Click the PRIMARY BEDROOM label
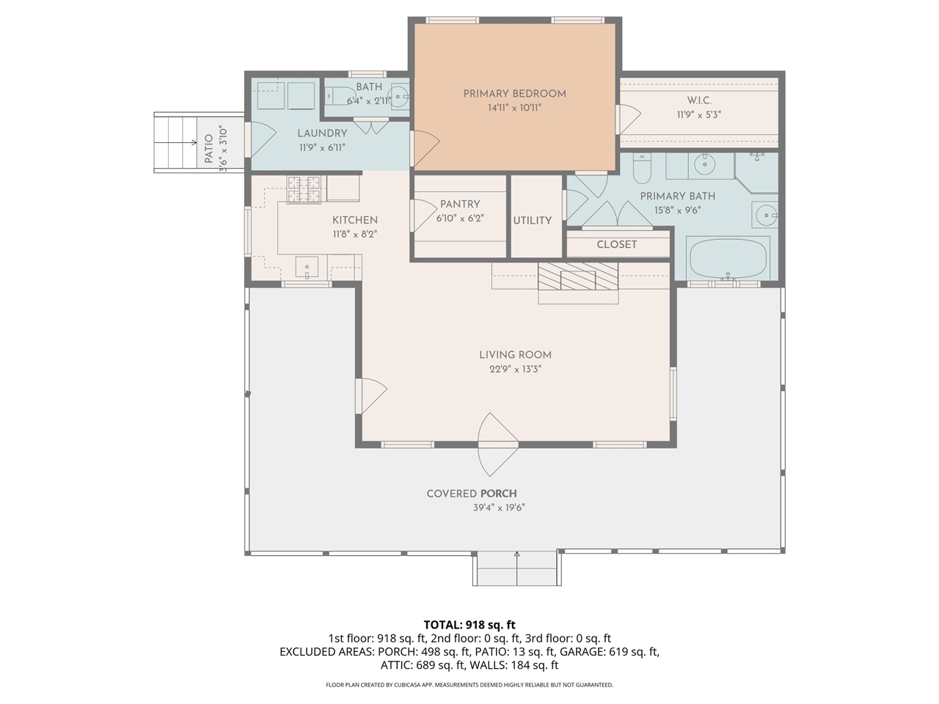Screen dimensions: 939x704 tap(515, 94)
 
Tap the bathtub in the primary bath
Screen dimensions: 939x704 tap(728, 259)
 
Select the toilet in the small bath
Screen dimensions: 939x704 tap(340, 96)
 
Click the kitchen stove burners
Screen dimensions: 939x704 tap(304, 189)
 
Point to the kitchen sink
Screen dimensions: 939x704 tap(307, 268)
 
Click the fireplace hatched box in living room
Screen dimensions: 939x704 tap(578, 276)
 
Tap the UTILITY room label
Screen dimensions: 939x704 tap(532, 221)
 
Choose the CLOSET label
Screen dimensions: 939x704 tap(616, 244)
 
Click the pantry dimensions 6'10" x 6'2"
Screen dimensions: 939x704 tap(460, 218)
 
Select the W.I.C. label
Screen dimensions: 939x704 tap(699, 100)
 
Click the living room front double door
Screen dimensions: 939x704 tap(498, 444)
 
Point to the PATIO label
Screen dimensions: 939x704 tap(209, 148)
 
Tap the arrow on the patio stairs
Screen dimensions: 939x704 tap(194, 142)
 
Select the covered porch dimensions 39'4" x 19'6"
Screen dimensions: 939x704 tap(499, 507)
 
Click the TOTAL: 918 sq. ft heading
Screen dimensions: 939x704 tap(469, 625)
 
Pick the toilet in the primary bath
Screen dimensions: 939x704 tap(642, 169)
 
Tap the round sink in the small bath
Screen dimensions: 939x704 tap(398, 97)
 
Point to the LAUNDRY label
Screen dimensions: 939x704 tap(322, 133)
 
